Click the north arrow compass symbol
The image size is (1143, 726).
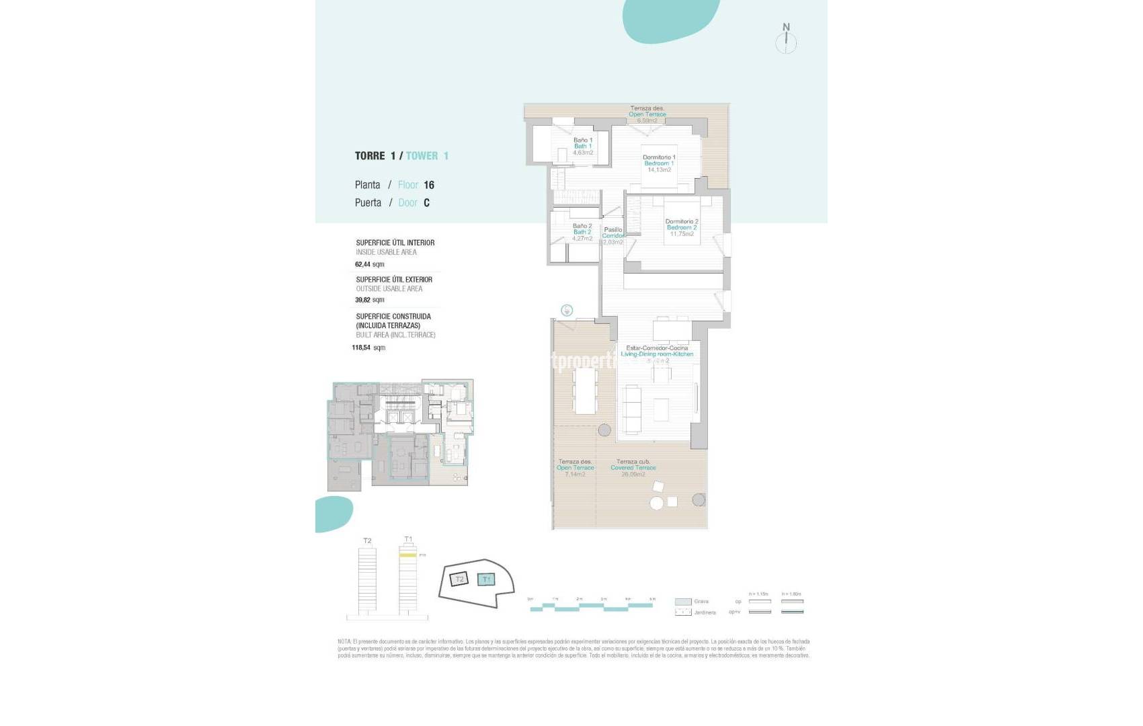pyautogui.click(x=786, y=39)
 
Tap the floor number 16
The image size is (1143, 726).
pyautogui.click(x=429, y=185)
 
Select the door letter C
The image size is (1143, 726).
pyautogui.click(x=426, y=202)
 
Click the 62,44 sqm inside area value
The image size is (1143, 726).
pyautogui.click(x=369, y=264)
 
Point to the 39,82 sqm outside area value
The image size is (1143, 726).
pyautogui.click(x=369, y=300)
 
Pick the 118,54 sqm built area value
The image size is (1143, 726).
pyautogui.click(x=368, y=348)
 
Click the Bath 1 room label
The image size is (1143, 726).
pyautogui.click(x=582, y=146)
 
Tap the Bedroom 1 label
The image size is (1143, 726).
pyautogui.click(x=658, y=163)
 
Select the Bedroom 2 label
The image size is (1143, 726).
pyautogui.click(x=681, y=227)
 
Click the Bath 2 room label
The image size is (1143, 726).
pyautogui.click(x=582, y=232)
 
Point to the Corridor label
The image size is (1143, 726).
pyautogui.click(x=613, y=235)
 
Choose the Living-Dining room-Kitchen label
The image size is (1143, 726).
pyautogui.click(x=656, y=354)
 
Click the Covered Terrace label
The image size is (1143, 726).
pyautogui.click(x=633, y=468)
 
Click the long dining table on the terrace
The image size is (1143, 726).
pyautogui.click(x=585, y=391)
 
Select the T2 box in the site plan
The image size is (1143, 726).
pyautogui.click(x=459, y=579)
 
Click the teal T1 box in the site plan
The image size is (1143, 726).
pyautogui.click(x=486, y=579)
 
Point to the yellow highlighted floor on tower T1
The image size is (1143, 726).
pyautogui.click(x=407, y=555)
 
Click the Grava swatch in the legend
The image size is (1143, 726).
pyautogui.click(x=682, y=602)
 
